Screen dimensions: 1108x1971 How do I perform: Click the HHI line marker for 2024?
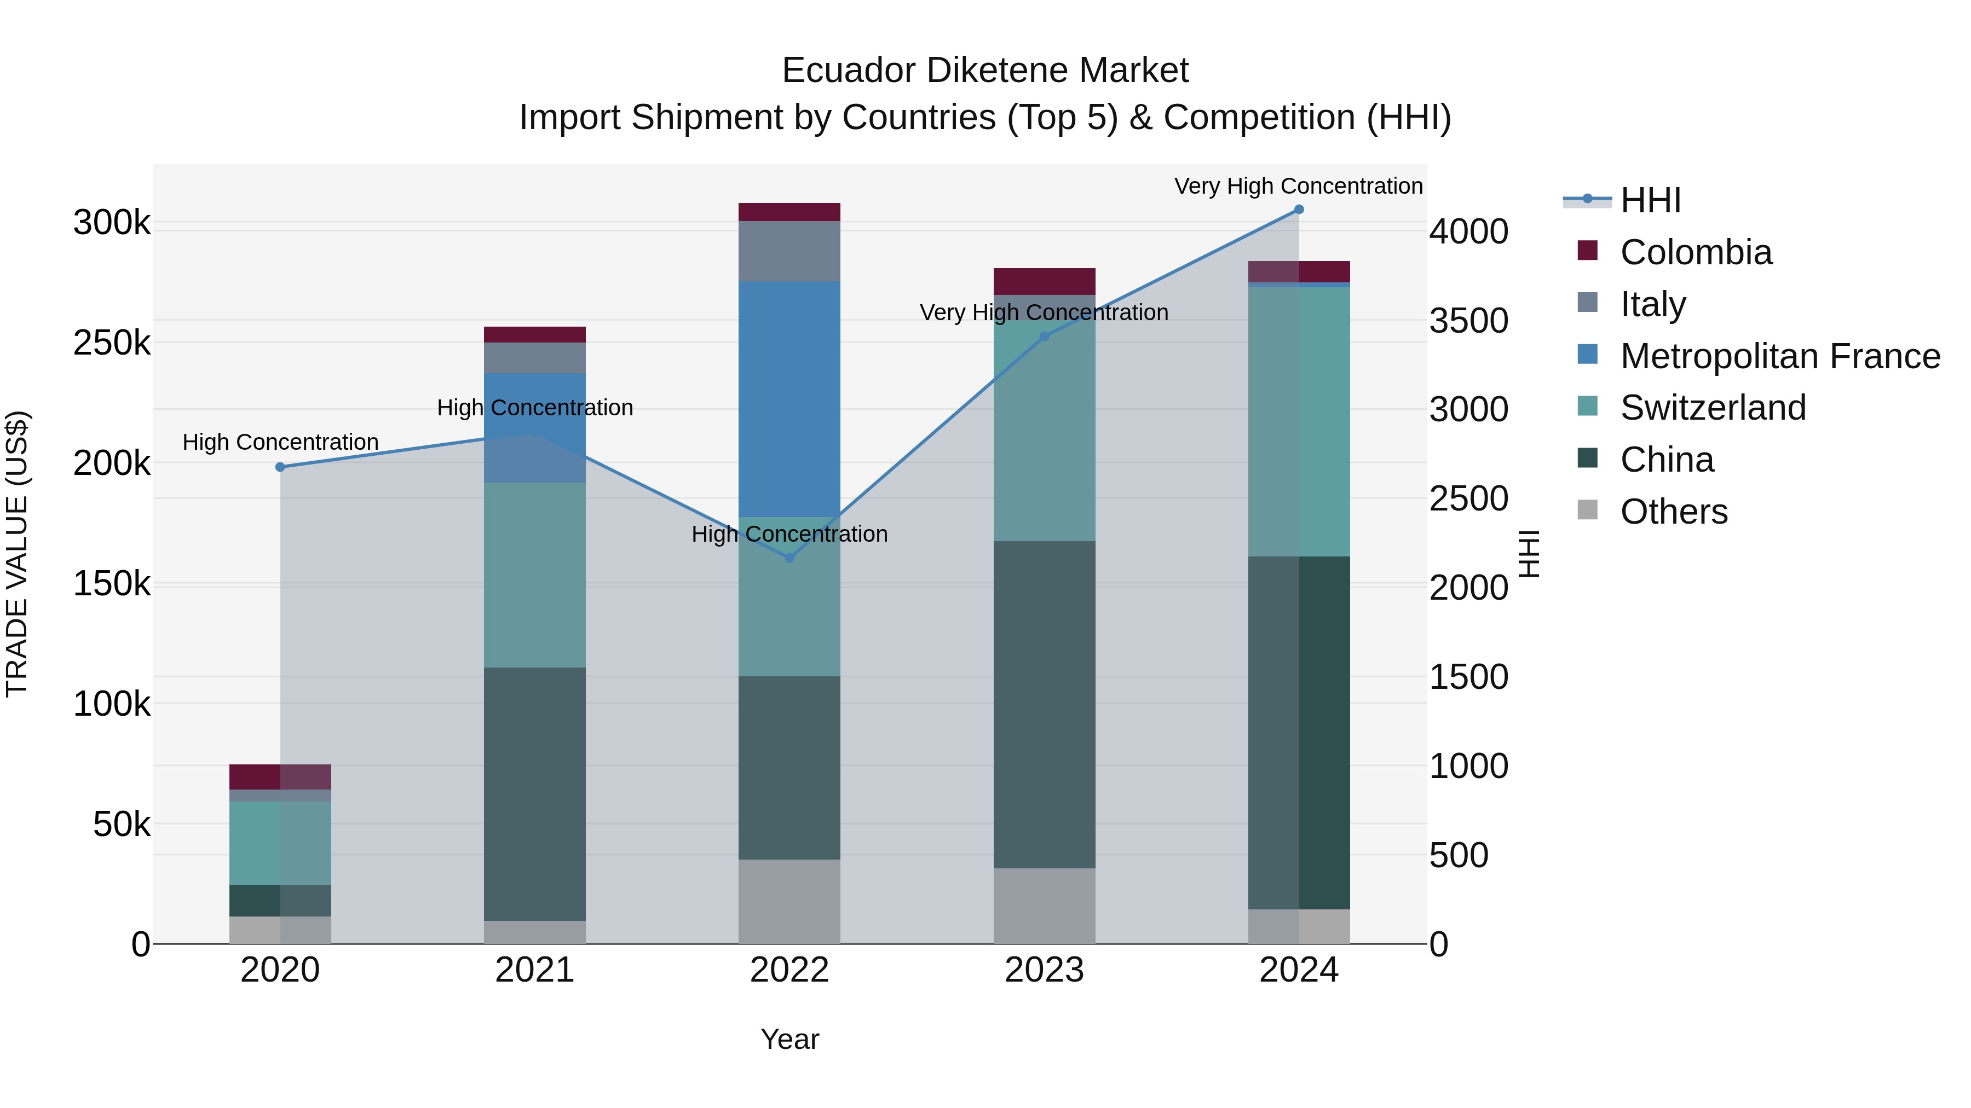1299,210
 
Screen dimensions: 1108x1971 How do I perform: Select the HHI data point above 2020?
280,467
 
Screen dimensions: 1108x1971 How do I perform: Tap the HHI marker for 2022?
789,558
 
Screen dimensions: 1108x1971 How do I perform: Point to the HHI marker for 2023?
1045,337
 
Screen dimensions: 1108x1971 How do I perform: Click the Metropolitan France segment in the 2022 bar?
789,398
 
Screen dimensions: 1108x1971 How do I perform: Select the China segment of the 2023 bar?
1045,704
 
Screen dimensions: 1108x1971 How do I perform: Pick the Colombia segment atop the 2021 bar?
535,334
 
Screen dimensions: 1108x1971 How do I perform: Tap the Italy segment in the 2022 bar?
789,251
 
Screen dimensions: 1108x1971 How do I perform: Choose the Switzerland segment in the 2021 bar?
535,575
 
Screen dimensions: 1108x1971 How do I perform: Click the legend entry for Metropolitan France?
1780,356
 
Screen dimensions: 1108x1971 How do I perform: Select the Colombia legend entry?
1696,252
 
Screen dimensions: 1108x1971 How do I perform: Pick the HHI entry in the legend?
1650,200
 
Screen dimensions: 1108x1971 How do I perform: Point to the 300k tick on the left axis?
112,223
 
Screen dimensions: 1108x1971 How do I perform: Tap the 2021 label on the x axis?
535,970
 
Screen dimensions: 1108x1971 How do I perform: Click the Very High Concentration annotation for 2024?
1299,186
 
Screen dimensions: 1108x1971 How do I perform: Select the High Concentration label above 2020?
280,442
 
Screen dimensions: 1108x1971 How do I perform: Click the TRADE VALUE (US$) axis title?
17,554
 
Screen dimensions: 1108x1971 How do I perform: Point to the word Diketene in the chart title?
985,71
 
